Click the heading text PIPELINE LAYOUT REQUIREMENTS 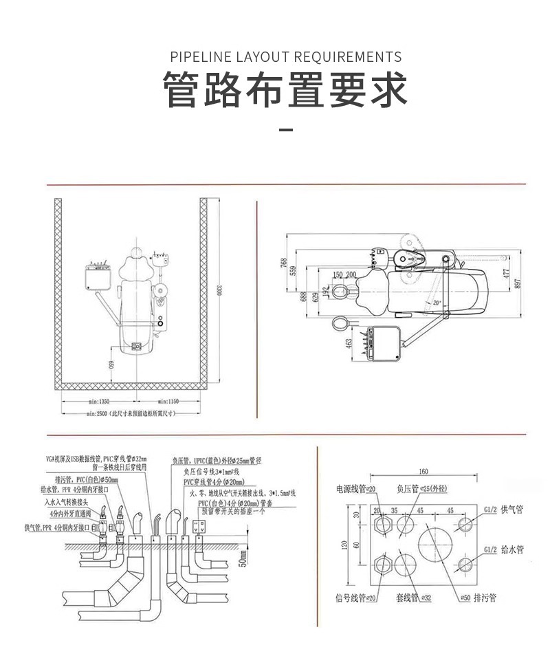(285, 56)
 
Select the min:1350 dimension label (99, 400)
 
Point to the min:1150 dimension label (168, 400)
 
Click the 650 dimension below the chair (111, 364)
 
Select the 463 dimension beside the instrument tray (349, 342)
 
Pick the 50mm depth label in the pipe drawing (243, 560)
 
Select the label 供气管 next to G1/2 (512, 509)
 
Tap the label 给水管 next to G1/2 (512, 550)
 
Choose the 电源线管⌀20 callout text (355, 489)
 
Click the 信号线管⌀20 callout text (355, 598)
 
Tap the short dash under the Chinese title (285, 129)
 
